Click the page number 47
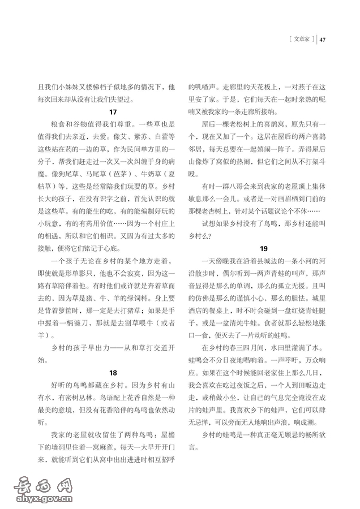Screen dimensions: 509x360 pyautogui.click(x=323, y=40)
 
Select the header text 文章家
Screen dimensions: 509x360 pyautogui.click(x=301, y=40)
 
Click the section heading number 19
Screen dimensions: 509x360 pyautogui.click(x=264, y=248)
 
